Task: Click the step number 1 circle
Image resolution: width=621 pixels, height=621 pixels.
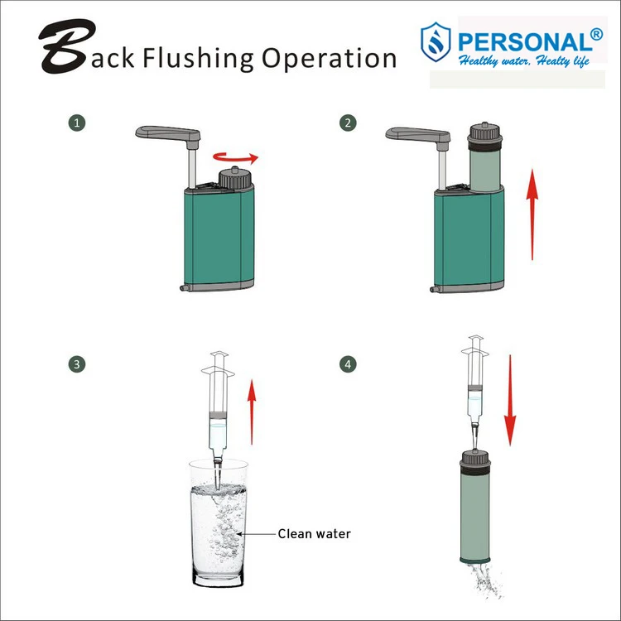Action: pos(77,123)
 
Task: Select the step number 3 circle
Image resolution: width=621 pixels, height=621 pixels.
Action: pos(77,363)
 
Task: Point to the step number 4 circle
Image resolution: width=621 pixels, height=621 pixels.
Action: pos(349,363)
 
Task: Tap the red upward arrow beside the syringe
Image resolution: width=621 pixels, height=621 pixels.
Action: pos(253,402)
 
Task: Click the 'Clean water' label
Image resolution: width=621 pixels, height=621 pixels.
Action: pos(313,534)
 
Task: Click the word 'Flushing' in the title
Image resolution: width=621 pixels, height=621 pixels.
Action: pos(199,58)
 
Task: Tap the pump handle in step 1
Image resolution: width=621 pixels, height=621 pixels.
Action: pos(170,133)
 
